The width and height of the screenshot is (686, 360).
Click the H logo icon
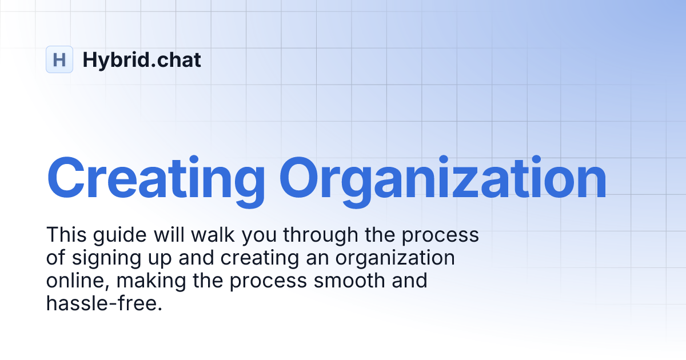(59, 59)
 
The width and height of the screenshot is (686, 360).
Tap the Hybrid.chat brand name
(142, 59)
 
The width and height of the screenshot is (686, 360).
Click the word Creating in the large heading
(155, 179)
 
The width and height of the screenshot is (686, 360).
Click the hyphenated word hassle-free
(104, 303)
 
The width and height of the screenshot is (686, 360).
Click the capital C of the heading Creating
(66, 179)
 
